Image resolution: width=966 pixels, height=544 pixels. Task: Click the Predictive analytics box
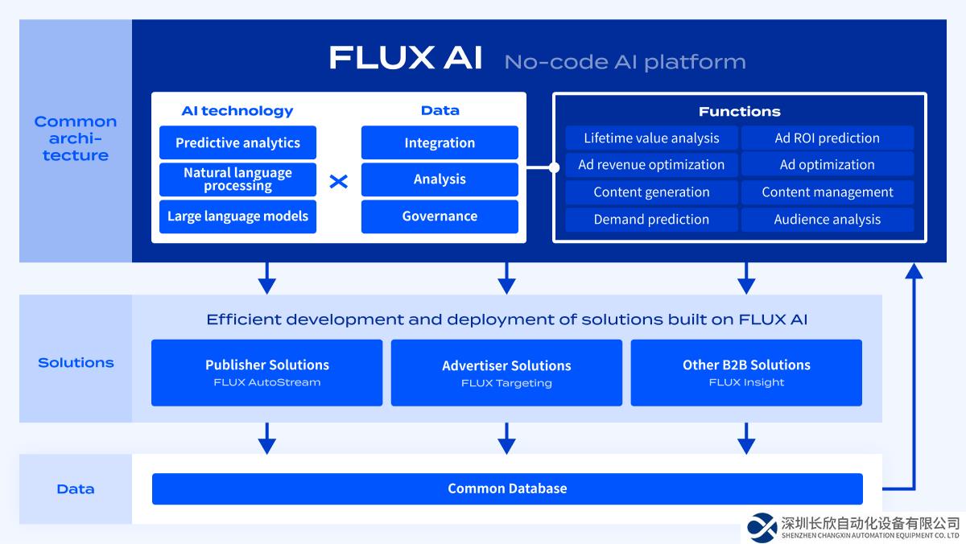coord(237,143)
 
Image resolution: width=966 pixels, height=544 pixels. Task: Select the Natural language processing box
coord(237,179)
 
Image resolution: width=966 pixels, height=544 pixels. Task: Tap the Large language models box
coord(237,216)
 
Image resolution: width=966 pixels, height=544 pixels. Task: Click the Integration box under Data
coord(440,143)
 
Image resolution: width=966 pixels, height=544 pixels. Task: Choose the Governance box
coord(440,216)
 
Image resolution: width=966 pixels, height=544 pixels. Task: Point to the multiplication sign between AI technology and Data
coord(339,181)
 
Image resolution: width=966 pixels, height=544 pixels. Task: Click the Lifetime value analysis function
coord(651,138)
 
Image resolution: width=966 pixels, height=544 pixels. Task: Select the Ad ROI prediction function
coord(827,138)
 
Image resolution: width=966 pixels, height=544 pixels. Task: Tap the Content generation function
coord(651,192)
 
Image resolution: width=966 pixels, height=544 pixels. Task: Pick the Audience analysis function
coord(827,220)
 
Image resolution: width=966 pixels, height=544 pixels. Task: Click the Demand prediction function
coord(651,220)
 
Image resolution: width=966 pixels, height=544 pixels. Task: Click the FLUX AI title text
coord(406,59)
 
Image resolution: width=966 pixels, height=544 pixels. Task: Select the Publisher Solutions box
coord(266,373)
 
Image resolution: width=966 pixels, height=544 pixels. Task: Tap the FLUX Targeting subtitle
coord(506,383)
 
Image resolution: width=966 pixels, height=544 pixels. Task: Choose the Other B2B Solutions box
coord(746,373)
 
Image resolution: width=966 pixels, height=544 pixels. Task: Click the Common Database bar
coord(507,488)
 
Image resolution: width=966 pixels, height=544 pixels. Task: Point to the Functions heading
coord(739,112)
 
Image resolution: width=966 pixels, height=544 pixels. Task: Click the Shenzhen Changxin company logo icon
coord(762,527)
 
